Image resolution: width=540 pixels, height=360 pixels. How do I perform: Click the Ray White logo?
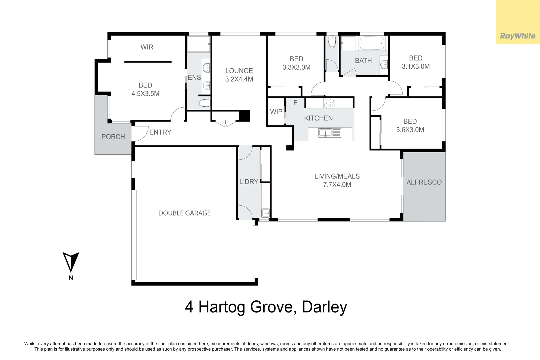pos(518,36)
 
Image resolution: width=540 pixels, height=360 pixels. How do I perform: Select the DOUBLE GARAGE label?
pos(184,213)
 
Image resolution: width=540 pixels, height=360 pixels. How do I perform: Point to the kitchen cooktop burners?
pos(329,103)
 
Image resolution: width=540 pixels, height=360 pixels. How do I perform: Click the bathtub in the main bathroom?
pos(372,43)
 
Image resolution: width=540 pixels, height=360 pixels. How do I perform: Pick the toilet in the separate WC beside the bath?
pos(332,42)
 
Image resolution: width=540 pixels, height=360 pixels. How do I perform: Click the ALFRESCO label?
pos(424,182)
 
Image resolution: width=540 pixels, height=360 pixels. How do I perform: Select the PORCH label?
pos(113,137)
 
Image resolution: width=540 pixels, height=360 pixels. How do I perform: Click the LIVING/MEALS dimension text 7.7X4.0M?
pos(337,184)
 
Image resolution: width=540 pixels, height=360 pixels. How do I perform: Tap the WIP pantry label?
pos(276,112)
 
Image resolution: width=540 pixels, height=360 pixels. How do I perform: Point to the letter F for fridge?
pos(295,103)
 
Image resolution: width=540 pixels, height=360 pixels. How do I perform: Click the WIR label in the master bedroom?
pos(147,47)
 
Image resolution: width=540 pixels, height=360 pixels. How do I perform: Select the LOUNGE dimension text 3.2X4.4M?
pos(239,79)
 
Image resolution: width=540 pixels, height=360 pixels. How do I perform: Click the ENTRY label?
pos(160,132)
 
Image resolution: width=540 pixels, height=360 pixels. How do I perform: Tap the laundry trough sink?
pos(265,213)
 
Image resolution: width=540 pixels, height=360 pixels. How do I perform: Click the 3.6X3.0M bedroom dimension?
pos(410,130)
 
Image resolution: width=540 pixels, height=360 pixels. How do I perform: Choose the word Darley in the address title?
pos(324,307)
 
